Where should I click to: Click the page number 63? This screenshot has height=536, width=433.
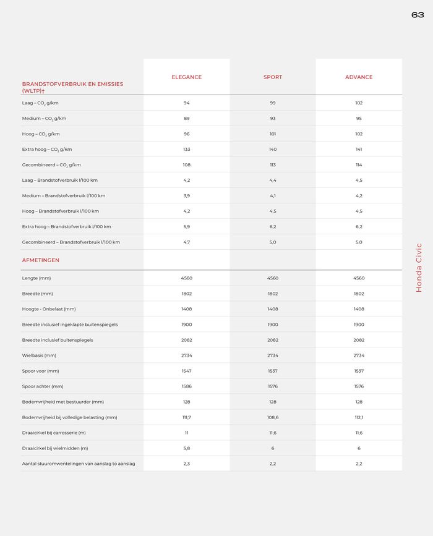[x=418, y=15]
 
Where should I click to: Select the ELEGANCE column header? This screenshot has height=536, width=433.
[x=186, y=77]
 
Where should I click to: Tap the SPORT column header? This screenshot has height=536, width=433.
[x=273, y=77]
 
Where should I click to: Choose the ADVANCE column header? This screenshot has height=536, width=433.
[x=359, y=77]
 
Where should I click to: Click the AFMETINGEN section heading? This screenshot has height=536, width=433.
[x=41, y=260]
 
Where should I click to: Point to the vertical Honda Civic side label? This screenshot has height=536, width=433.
[x=419, y=268]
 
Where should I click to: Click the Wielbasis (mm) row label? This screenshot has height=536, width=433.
[x=39, y=355]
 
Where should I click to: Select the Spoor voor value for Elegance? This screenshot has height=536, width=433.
[x=186, y=371]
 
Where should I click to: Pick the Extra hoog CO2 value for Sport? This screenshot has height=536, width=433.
[x=273, y=150]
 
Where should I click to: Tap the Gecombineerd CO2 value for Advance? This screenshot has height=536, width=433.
[x=359, y=165]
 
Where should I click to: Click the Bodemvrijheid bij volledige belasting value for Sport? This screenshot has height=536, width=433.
[x=273, y=417]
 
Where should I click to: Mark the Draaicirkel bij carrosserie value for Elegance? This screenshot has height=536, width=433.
[x=186, y=433]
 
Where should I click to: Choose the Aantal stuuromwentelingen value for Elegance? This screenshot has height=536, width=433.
[x=186, y=464]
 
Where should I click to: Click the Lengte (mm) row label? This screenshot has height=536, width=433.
[x=36, y=278]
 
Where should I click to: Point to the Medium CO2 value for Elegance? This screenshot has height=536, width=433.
[x=186, y=119]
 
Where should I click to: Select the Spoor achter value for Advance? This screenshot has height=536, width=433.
[x=359, y=386]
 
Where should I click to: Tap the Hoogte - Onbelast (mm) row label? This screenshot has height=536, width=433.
[x=49, y=309]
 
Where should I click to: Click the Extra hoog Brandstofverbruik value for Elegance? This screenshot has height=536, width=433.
[x=186, y=227]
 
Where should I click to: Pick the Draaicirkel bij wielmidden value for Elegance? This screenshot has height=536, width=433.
[x=186, y=448]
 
